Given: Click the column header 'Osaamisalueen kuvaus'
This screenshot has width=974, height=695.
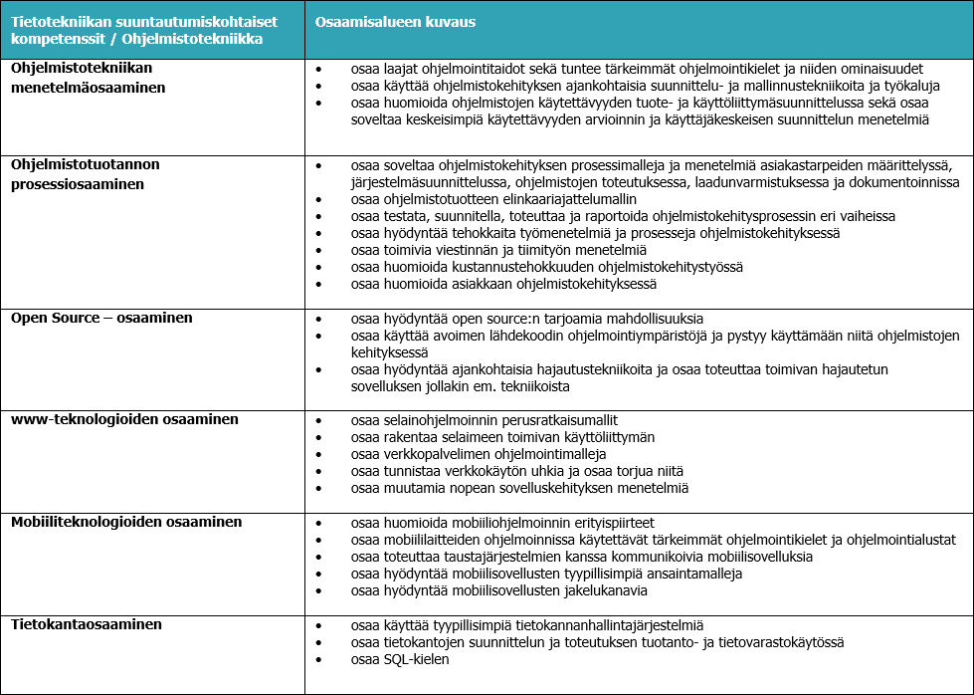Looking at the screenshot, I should click(x=395, y=21).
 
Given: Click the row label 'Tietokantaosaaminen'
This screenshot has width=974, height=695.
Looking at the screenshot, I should click(x=87, y=625).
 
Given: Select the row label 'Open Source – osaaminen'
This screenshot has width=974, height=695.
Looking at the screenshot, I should click(x=101, y=319).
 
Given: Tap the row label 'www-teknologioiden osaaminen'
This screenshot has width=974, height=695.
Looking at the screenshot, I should click(x=124, y=420).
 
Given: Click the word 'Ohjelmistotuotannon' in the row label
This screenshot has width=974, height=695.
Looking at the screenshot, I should click(x=86, y=164).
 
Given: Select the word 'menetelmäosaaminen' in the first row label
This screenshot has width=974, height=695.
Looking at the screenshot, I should click(x=88, y=88).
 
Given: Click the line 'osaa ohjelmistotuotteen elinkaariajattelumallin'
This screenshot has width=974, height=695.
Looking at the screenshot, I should click(x=493, y=199).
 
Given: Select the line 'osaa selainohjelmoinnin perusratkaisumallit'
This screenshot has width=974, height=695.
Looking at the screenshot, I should click(x=491, y=421).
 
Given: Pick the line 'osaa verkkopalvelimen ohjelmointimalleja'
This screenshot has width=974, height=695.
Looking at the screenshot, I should click(x=479, y=455).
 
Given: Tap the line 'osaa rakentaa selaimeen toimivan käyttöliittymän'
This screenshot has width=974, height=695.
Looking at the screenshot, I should click(x=503, y=438).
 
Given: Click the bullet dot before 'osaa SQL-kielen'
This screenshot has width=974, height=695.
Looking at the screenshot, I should click(x=318, y=660).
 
